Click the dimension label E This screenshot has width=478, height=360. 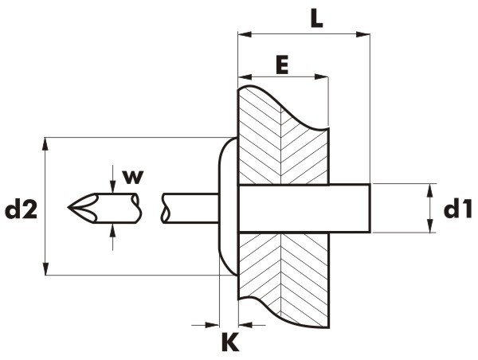[x=282, y=65]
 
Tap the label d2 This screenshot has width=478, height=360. [x=21, y=210]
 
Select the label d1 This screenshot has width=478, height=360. [x=457, y=210]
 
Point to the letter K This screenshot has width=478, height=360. [x=230, y=342]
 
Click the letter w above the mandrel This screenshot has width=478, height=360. [x=132, y=177]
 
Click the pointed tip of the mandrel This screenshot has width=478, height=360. [x=69, y=208]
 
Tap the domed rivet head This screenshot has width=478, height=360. [x=228, y=206]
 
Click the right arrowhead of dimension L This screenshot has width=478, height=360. [x=362, y=34]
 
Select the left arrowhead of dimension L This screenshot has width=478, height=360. [x=245, y=34]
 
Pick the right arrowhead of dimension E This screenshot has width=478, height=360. [x=321, y=76]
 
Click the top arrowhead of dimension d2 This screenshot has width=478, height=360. [x=45, y=144]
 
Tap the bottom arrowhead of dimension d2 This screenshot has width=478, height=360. [x=45, y=268]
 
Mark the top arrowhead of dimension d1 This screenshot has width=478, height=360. [x=429, y=190]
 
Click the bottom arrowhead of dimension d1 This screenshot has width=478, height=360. [x=429, y=226]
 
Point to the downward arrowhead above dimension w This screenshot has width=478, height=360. [x=113, y=187]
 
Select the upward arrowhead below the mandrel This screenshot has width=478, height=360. [x=113, y=230]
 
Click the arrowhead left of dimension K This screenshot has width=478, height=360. [x=213, y=325]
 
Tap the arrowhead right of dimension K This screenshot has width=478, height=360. [x=245, y=325]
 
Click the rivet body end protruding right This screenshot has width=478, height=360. [x=350, y=209]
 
